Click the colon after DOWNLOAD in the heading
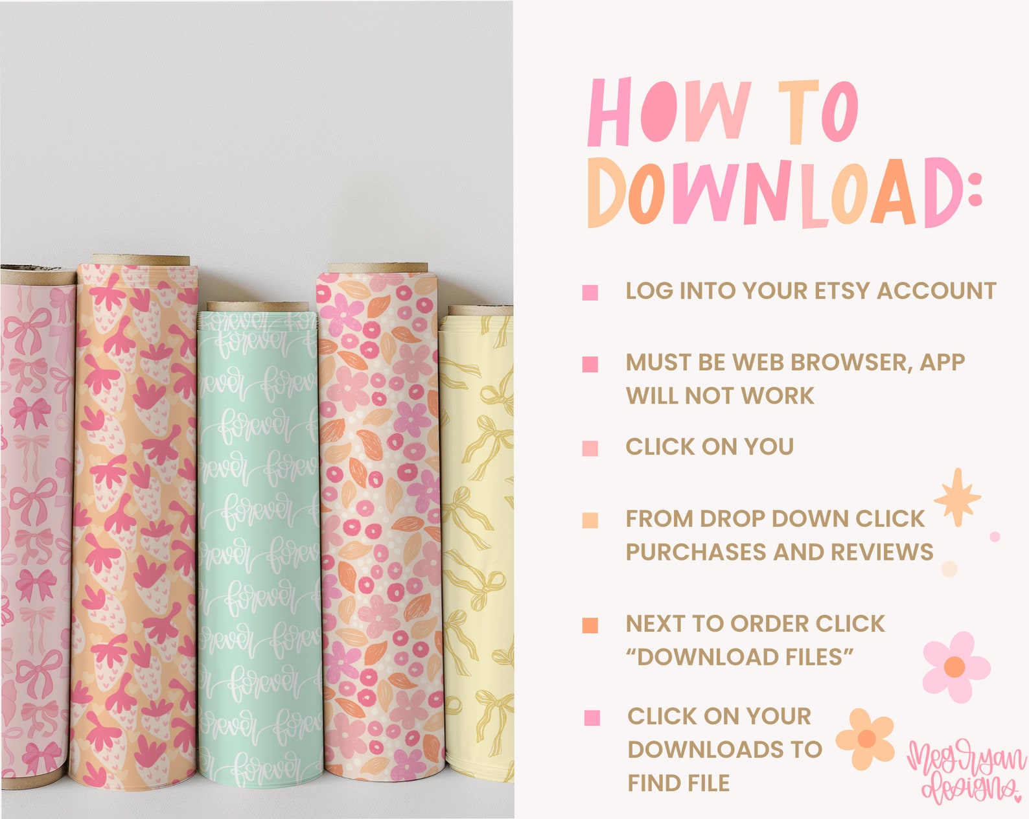pyautogui.click(x=974, y=191)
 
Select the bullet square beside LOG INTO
pyautogui.click(x=590, y=292)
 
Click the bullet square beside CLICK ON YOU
pyautogui.click(x=590, y=448)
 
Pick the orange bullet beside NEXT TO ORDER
pyautogui.click(x=590, y=625)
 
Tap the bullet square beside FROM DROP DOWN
pyautogui.click(x=590, y=520)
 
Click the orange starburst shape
pyautogui.click(x=957, y=498)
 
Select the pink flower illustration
pyautogui.click(x=956, y=667)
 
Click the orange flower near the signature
pyautogui.click(x=866, y=739)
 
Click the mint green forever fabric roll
pyautogui.click(x=258, y=544)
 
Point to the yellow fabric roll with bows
pyautogui.click(x=477, y=544)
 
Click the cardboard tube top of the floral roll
pyautogui.click(x=377, y=268)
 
